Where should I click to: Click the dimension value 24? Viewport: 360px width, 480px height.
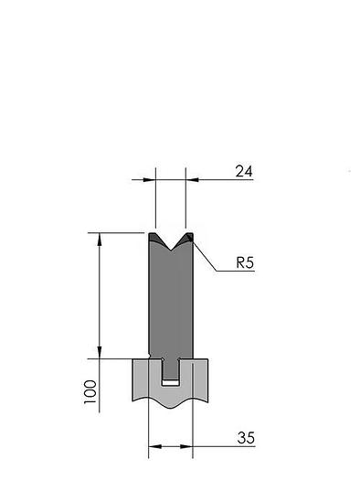[244, 171]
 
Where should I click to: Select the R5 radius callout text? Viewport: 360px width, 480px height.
[245, 262]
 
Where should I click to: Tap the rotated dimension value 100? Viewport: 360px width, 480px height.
[90, 392]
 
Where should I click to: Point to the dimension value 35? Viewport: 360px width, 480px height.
[246, 438]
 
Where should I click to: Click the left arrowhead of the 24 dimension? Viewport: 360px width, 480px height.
[149, 180]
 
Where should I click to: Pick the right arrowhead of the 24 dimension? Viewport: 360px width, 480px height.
[192, 180]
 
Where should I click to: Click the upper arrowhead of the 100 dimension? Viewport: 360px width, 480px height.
[100, 240]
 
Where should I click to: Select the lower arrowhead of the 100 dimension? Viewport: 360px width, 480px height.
[100, 352]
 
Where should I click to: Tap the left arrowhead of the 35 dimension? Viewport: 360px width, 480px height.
[155, 447]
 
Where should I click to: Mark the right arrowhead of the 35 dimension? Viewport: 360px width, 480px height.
[186, 447]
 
